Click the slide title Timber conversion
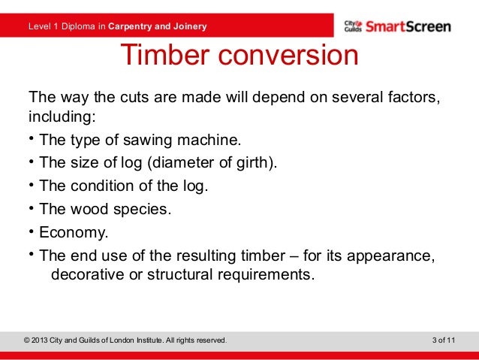pos(239,57)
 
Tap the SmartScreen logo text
pos(408,27)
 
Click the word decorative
pos(86,274)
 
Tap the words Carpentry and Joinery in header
pos(158,28)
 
